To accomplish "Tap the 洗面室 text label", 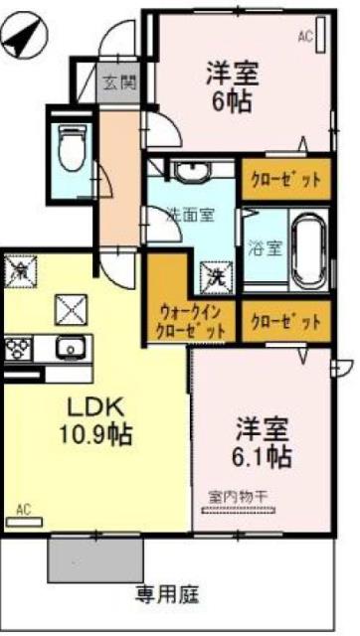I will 190,213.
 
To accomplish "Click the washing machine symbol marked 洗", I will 216,277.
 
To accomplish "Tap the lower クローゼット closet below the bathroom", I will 285,322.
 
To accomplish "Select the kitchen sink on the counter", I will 71,349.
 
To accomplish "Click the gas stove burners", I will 17,349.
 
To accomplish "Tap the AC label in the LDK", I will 24,510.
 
